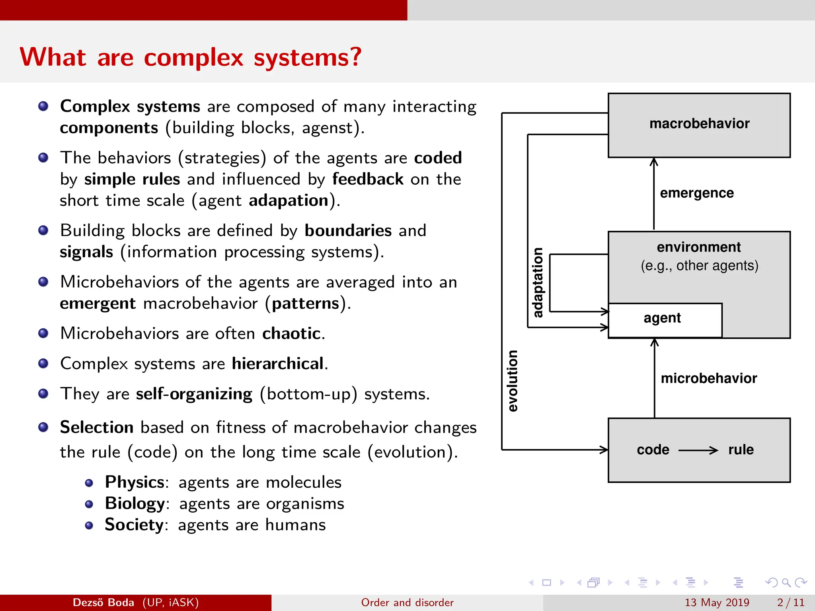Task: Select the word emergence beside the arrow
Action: [x=696, y=193]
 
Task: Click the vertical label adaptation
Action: [x=538, y=283]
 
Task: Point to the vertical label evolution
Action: [x=513, y=381]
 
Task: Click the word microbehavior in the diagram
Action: [x=708, y=378]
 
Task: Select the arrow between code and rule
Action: [x=698, y=450]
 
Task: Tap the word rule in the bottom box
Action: [x=741, y=450]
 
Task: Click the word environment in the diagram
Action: [x=698, y=247]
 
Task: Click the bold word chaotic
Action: [x=291, y=333]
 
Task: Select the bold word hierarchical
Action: [x=278, y=364]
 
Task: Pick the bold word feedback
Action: [x=368, y=179]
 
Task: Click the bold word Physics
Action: [x=135, y=482]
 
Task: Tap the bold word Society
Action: [x=134, y=525]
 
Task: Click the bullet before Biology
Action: [x=89, y=504]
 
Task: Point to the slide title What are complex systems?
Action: [x=191, y=57]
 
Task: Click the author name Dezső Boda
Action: [x=103, y=603]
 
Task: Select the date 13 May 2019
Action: [x=717, y=603]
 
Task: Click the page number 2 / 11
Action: [x=790, y=603]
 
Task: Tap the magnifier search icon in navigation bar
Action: [x=786, y=583]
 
